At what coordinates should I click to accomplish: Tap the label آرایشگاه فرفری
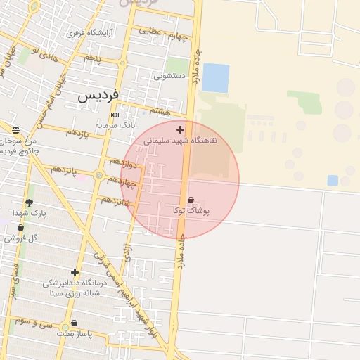tap(85, 33)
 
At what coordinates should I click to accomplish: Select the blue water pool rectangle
tap(216, 78)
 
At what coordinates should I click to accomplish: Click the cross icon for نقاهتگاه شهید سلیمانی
tap(181, 129)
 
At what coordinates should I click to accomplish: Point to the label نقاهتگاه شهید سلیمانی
tap(181, 141)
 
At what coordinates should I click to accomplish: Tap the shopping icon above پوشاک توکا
tap(191, 200)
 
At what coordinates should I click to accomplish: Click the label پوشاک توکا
tap(190, 210)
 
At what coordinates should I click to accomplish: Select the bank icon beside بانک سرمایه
tap(115, 115)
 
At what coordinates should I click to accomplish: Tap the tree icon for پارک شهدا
tap(29, 202)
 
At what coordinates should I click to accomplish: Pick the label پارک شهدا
tap(29, 213)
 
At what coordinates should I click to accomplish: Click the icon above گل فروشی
tap(20, 228)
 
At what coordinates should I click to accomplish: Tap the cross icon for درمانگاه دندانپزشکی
tap(75, 272)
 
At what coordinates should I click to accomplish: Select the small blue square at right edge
tap(333, 181)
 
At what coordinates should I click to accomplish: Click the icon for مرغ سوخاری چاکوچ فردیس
tap(15, 130)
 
